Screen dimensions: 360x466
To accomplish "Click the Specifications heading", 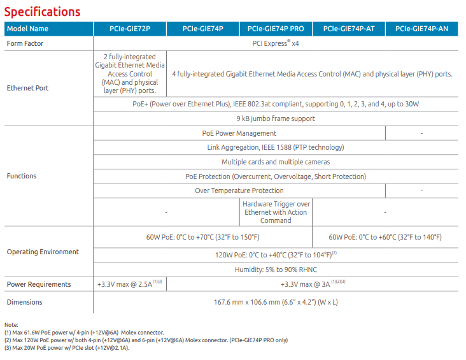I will point(42,11).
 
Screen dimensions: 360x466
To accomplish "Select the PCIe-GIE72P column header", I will point(130,29).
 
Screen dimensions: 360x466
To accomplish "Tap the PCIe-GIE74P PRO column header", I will point(276,29).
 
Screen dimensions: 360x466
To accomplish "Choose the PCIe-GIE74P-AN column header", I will point(421,29).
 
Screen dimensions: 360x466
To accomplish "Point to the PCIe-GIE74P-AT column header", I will point(348,29).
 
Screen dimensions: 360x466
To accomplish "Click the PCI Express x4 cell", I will point(275,44).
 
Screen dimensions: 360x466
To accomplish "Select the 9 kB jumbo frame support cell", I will point(275,119).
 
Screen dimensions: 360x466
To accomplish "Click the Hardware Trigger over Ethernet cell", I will point(276,212).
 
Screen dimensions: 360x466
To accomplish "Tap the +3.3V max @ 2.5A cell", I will point(130,284).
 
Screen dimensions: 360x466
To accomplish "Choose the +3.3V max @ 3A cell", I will point(312,284).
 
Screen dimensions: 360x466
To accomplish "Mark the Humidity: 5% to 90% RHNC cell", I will point(275,270).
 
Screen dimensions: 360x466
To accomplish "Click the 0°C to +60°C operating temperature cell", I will point(385,237).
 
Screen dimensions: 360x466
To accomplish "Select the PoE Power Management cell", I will point(239,133).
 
